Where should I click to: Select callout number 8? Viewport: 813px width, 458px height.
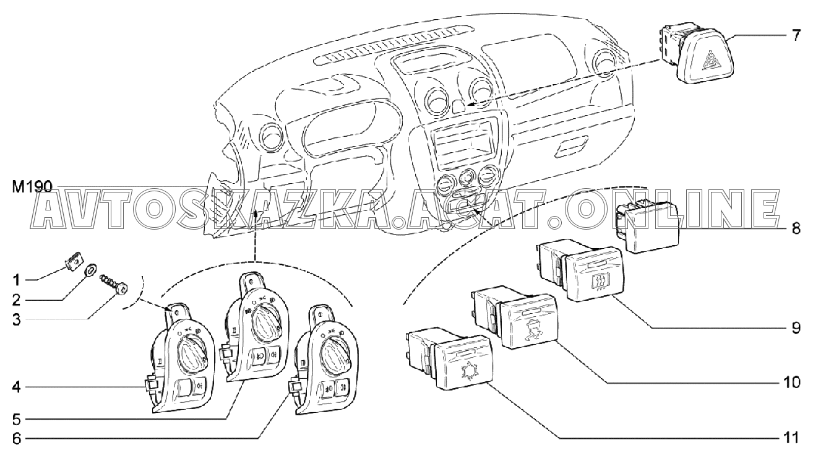[797, 228]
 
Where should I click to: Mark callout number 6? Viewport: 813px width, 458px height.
[16, 438]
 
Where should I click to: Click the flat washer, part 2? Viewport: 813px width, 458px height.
[90, 271]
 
